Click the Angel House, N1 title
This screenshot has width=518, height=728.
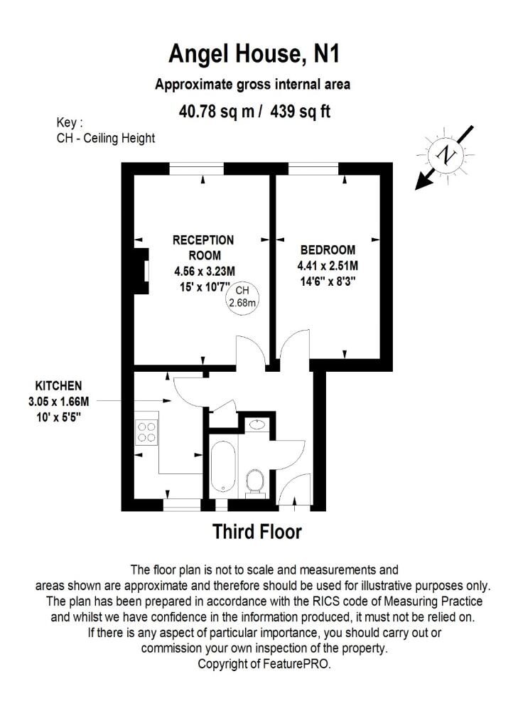click(254, 54)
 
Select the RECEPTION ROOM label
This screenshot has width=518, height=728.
click(203, 247)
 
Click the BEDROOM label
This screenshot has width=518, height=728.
click(328, 250)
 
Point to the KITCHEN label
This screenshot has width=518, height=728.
click(58, 385)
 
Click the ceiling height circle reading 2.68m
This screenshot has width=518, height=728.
click(242, 296)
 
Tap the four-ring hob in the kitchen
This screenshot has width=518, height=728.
click(146, 432)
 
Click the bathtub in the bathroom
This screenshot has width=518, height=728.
click(223, 466)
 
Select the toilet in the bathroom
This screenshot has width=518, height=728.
click(254, 481)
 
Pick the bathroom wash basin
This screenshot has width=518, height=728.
click(257, 424)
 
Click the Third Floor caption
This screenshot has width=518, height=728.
click(257, 532)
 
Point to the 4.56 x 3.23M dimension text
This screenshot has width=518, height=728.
click(205, 271)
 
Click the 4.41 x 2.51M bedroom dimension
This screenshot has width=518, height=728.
click(328, 266)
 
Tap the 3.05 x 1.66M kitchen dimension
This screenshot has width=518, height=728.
click(58, 401)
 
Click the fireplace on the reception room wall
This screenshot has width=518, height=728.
click(141, 271)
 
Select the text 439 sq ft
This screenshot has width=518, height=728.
click(300, 112)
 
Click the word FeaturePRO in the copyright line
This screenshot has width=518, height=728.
click(296, 663)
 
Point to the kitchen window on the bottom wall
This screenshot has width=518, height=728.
click(183, 505)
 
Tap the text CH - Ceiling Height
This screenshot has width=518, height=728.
click(106, 138)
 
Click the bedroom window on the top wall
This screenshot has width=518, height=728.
click(313, 168)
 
